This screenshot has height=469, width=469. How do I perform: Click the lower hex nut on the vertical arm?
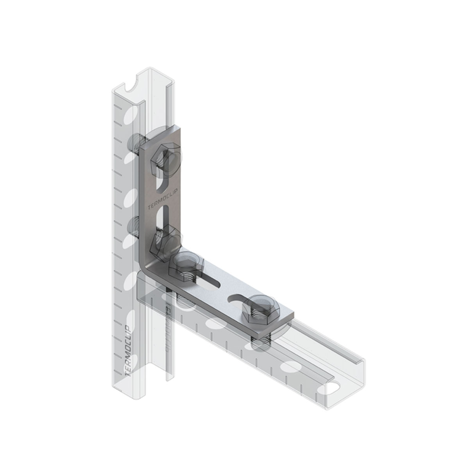point(163,240)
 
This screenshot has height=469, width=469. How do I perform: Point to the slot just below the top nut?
point(163,183)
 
